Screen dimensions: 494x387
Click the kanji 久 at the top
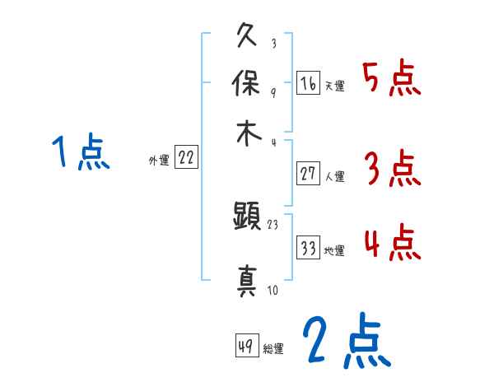click(x=248, y=38)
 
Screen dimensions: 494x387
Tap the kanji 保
click(x=248, y=83)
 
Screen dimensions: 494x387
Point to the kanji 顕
click(x=248, y=218)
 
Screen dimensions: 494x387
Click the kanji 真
click(x=248, y=277)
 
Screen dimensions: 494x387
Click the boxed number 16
click(x=308, y=84)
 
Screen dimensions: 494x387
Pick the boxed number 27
click(x=308, y=174)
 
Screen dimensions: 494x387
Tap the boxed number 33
click(x=308, y=249)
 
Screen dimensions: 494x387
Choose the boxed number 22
click(x=186, y=158)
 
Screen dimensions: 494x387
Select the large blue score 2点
click(x=345, y=342)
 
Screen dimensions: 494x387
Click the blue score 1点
click(x=81, y=152)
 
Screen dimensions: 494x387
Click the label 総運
click(x=273, y=349)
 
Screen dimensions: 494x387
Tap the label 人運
click(x=334, y=177)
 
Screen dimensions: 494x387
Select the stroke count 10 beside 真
click(x=273, y=290)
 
